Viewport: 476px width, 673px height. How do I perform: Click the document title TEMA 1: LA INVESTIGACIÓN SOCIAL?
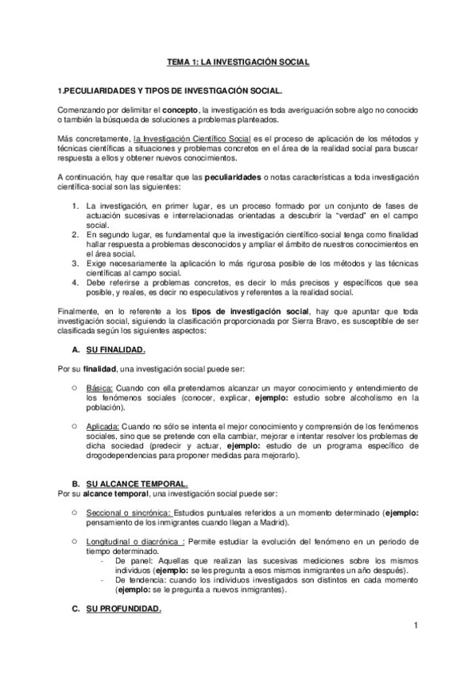click(238, 60)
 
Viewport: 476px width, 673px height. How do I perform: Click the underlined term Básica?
click(101, 386)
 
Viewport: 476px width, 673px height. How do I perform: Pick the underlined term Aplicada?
click(106, 425)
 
